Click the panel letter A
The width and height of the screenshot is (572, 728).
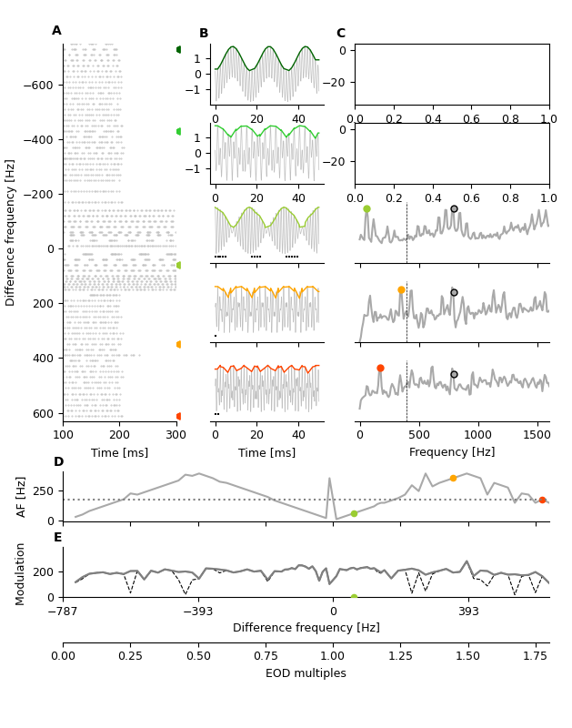point(56,31)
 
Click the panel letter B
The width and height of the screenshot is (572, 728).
point(204,34)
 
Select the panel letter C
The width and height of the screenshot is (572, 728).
point(341,34)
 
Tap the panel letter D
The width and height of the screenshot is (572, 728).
point(58,462)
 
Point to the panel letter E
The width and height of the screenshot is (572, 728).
point(58,538)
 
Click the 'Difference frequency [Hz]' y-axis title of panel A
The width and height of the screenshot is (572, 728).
point(11,232)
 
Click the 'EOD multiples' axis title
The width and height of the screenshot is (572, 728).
point(306,673)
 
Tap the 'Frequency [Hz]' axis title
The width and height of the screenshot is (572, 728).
point(452,452)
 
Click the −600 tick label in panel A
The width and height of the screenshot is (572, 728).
point(38,86)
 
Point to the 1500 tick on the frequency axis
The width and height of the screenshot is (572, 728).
point(537,434)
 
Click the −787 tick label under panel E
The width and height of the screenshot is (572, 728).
point(63,612)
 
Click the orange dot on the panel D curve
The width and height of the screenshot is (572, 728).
point(453,478)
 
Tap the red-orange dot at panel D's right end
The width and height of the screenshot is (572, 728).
point(542,500)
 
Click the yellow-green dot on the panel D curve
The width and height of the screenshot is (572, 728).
point(354,513)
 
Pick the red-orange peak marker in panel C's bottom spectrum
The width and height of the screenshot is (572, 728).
point(380,369)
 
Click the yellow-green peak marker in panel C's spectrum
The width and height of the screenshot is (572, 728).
point(366,208)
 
